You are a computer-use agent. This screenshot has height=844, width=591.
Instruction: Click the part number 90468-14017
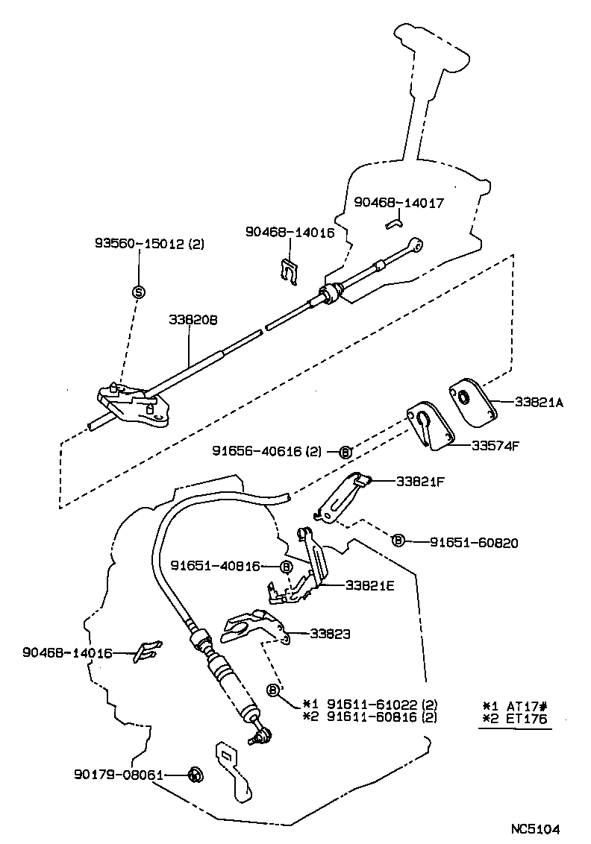coord(398,202)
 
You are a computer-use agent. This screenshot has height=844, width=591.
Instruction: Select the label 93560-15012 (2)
coord(150,244)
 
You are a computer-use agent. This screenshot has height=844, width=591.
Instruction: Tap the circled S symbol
coord(138,292)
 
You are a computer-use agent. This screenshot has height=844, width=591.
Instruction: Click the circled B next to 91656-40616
coord(345,451)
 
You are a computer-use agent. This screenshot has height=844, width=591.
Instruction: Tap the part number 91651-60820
coord(473,542)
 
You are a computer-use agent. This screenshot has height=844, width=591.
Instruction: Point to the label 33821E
coord(369,585)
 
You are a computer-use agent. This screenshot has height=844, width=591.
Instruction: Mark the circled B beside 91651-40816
coord(286,567)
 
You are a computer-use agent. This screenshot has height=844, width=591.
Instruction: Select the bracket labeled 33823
coord(254,627)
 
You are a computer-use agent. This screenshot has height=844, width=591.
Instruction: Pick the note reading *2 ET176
coord(515,719)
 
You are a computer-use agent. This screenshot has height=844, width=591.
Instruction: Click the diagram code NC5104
coord(535,828)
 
